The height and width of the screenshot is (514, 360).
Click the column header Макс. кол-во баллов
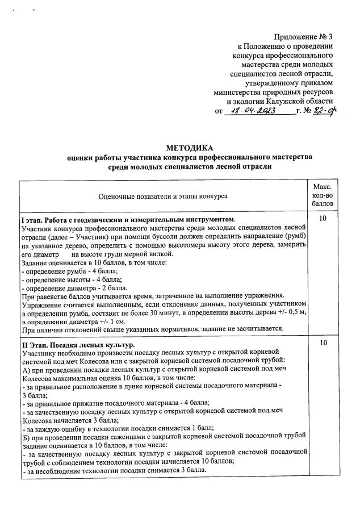click(322, 195)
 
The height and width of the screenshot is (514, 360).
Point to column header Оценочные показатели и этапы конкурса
click(163, 196)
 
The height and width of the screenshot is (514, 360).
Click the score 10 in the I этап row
click(322, 219)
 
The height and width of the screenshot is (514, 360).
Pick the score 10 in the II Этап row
click(322, 344)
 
